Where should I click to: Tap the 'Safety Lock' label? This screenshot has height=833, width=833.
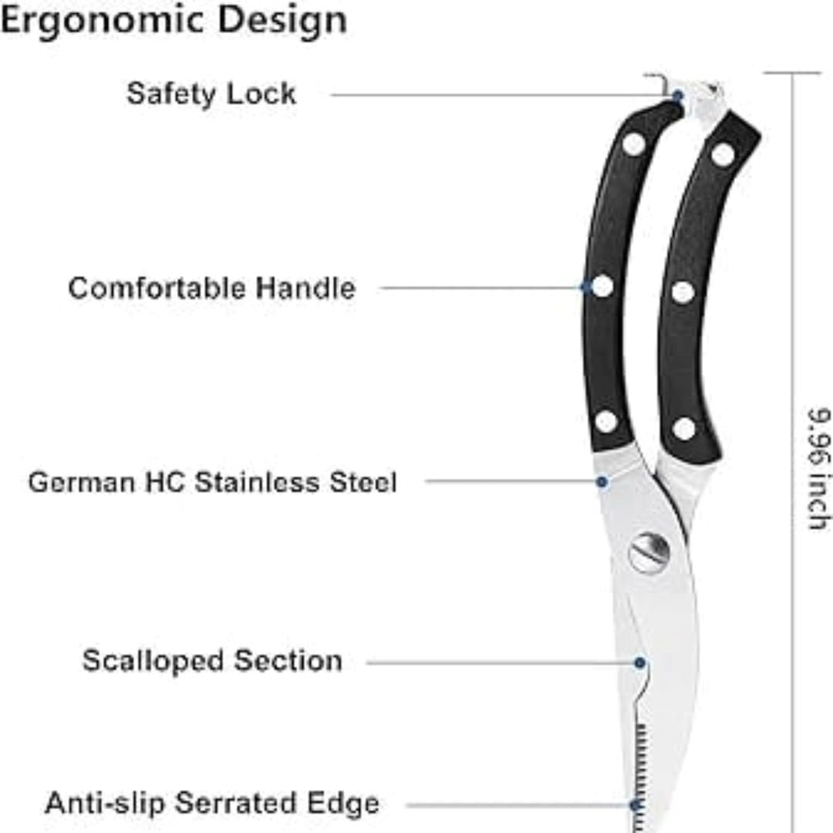point(211,94)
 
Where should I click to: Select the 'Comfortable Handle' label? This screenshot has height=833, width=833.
point(212,288)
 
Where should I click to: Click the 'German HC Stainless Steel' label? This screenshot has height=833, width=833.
point(212,482)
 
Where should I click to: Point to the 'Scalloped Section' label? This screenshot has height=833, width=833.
point(212,662)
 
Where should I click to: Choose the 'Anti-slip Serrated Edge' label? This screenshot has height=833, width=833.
point(212,803)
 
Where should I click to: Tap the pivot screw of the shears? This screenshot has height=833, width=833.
point(649,553)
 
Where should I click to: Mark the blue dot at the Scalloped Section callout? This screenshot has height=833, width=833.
point(640,663)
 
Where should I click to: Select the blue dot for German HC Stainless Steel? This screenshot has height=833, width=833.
point(602,482)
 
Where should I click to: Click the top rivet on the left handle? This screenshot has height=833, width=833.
point(634,143)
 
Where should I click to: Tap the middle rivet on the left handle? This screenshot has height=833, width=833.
point(602,286)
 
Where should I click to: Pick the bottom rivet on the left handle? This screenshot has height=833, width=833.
point(606,422)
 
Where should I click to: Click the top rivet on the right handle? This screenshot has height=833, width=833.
point(723,154)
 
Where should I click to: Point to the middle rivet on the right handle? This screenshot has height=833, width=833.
point(683,292)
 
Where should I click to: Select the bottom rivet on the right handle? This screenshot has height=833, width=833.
point(684,429)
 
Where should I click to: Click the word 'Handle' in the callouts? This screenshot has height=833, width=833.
point(305,288)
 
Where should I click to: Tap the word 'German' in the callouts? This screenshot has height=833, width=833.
point(82,482)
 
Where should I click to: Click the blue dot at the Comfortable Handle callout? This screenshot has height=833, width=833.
point(586,288)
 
